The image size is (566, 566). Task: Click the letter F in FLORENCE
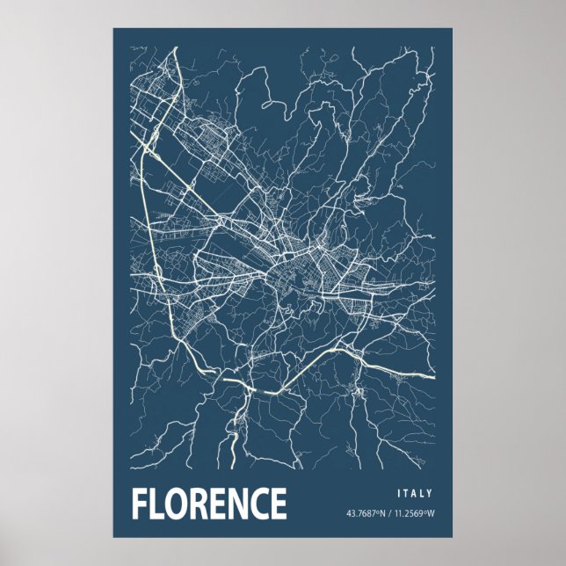pos(141,504)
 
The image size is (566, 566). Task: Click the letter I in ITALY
pos(399,494)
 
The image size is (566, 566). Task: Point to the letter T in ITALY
pos(407,494)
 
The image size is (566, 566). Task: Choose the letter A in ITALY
pos(416,494)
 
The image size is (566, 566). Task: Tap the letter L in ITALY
pos(424,494)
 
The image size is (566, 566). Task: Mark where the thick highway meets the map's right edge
pos(433,376)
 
